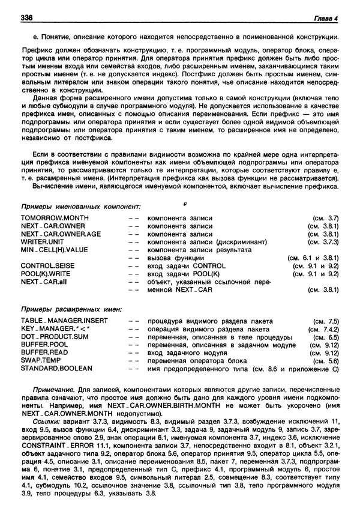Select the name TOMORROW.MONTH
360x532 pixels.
coord(55,217)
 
